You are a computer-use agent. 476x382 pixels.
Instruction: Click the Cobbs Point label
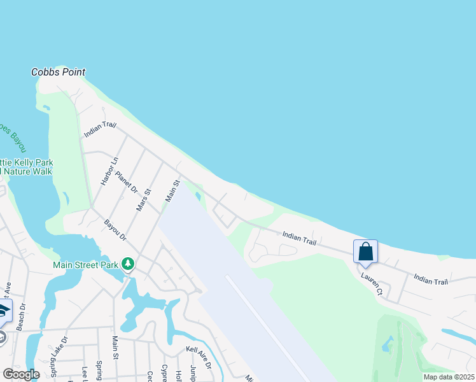tap(58, 73)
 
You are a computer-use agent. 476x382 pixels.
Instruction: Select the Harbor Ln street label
tap(110, 171)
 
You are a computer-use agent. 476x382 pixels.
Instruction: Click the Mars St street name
tap(144, 199)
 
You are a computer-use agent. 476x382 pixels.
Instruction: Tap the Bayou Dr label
tap(116, 230)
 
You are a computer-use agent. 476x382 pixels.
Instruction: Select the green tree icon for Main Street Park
tap(128, 264)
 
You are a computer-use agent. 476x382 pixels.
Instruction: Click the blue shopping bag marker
tap(365, 251)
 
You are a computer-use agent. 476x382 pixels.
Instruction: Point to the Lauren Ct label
tap(371, 284)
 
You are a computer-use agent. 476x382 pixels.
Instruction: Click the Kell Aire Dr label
tap(198, 358)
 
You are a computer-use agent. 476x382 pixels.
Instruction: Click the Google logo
tap(21, 374)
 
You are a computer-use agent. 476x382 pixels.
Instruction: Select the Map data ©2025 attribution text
tap(449, 377)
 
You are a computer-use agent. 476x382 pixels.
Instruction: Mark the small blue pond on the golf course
tap(388, 344)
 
